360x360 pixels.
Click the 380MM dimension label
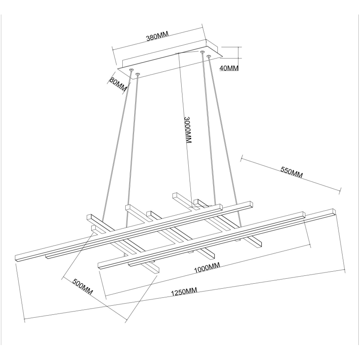coord(157,37)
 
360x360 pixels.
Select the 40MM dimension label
coord(229,68)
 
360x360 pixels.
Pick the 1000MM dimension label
coord(207,268)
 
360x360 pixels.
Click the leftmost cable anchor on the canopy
coord(131,70)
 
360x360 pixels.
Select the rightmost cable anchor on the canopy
coord(209,56)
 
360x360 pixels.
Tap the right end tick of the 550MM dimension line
coord(340,190)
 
